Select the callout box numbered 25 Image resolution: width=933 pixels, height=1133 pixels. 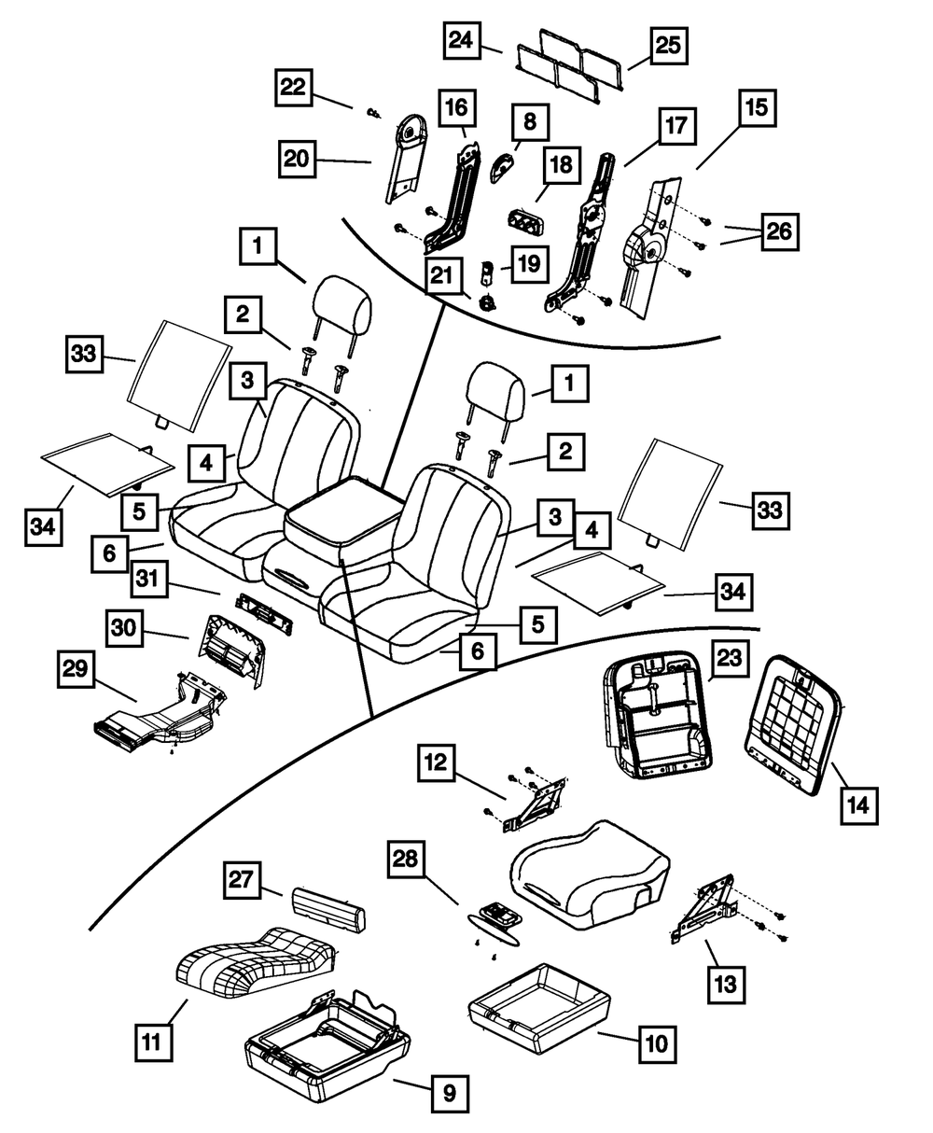666,46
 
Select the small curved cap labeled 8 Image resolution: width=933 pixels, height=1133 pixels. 505,167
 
